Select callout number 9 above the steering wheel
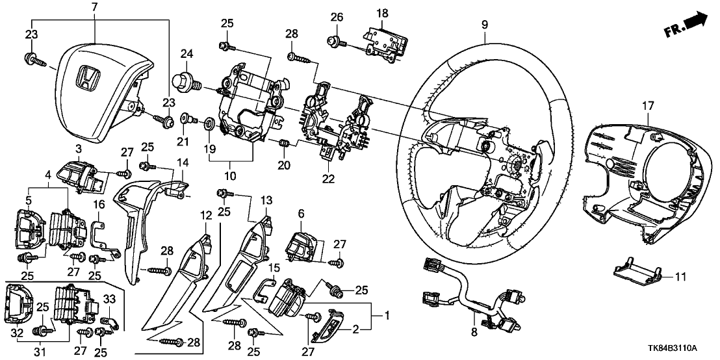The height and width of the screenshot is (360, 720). click(x=484, y=25)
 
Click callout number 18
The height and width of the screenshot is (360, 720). click(x=381, y=12)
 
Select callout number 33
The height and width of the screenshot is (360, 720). click(x=109, y=298)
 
